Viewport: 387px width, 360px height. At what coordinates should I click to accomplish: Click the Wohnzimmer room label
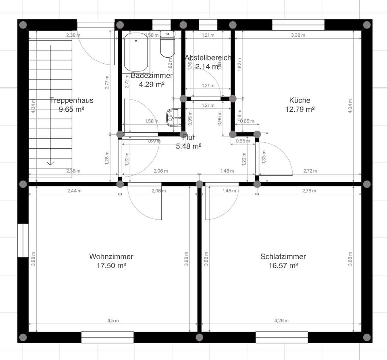(111, 257)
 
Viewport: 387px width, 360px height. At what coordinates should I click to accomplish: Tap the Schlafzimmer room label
(283, 257)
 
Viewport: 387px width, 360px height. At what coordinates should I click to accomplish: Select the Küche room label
(300, 100)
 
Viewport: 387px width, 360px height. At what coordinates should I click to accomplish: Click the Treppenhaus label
(71, 100)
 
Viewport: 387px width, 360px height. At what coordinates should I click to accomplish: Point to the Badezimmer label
(152, 75)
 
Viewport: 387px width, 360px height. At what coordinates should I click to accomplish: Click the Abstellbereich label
(208, 58)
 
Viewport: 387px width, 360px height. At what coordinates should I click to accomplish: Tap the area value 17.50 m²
(111, 266)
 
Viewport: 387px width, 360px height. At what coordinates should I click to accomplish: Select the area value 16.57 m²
(283, 266)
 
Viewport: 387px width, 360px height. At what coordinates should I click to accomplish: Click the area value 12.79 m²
(300, 109)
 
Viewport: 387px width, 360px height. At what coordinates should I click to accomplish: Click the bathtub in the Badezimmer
(137, 52)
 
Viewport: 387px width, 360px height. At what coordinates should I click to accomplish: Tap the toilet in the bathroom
(167, 44)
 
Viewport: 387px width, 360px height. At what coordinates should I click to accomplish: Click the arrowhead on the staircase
(50, 162)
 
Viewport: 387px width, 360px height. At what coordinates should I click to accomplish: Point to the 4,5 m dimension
(113, 321)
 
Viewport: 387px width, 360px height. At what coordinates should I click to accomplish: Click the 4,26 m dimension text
(281, 321)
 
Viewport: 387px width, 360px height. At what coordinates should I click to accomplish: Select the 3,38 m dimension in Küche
(298, 35)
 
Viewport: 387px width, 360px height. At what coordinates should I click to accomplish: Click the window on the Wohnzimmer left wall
(23, 240)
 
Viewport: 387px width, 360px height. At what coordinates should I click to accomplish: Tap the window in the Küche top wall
(298, 25)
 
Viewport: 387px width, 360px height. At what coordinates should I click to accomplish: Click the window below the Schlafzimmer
(281, 337)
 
